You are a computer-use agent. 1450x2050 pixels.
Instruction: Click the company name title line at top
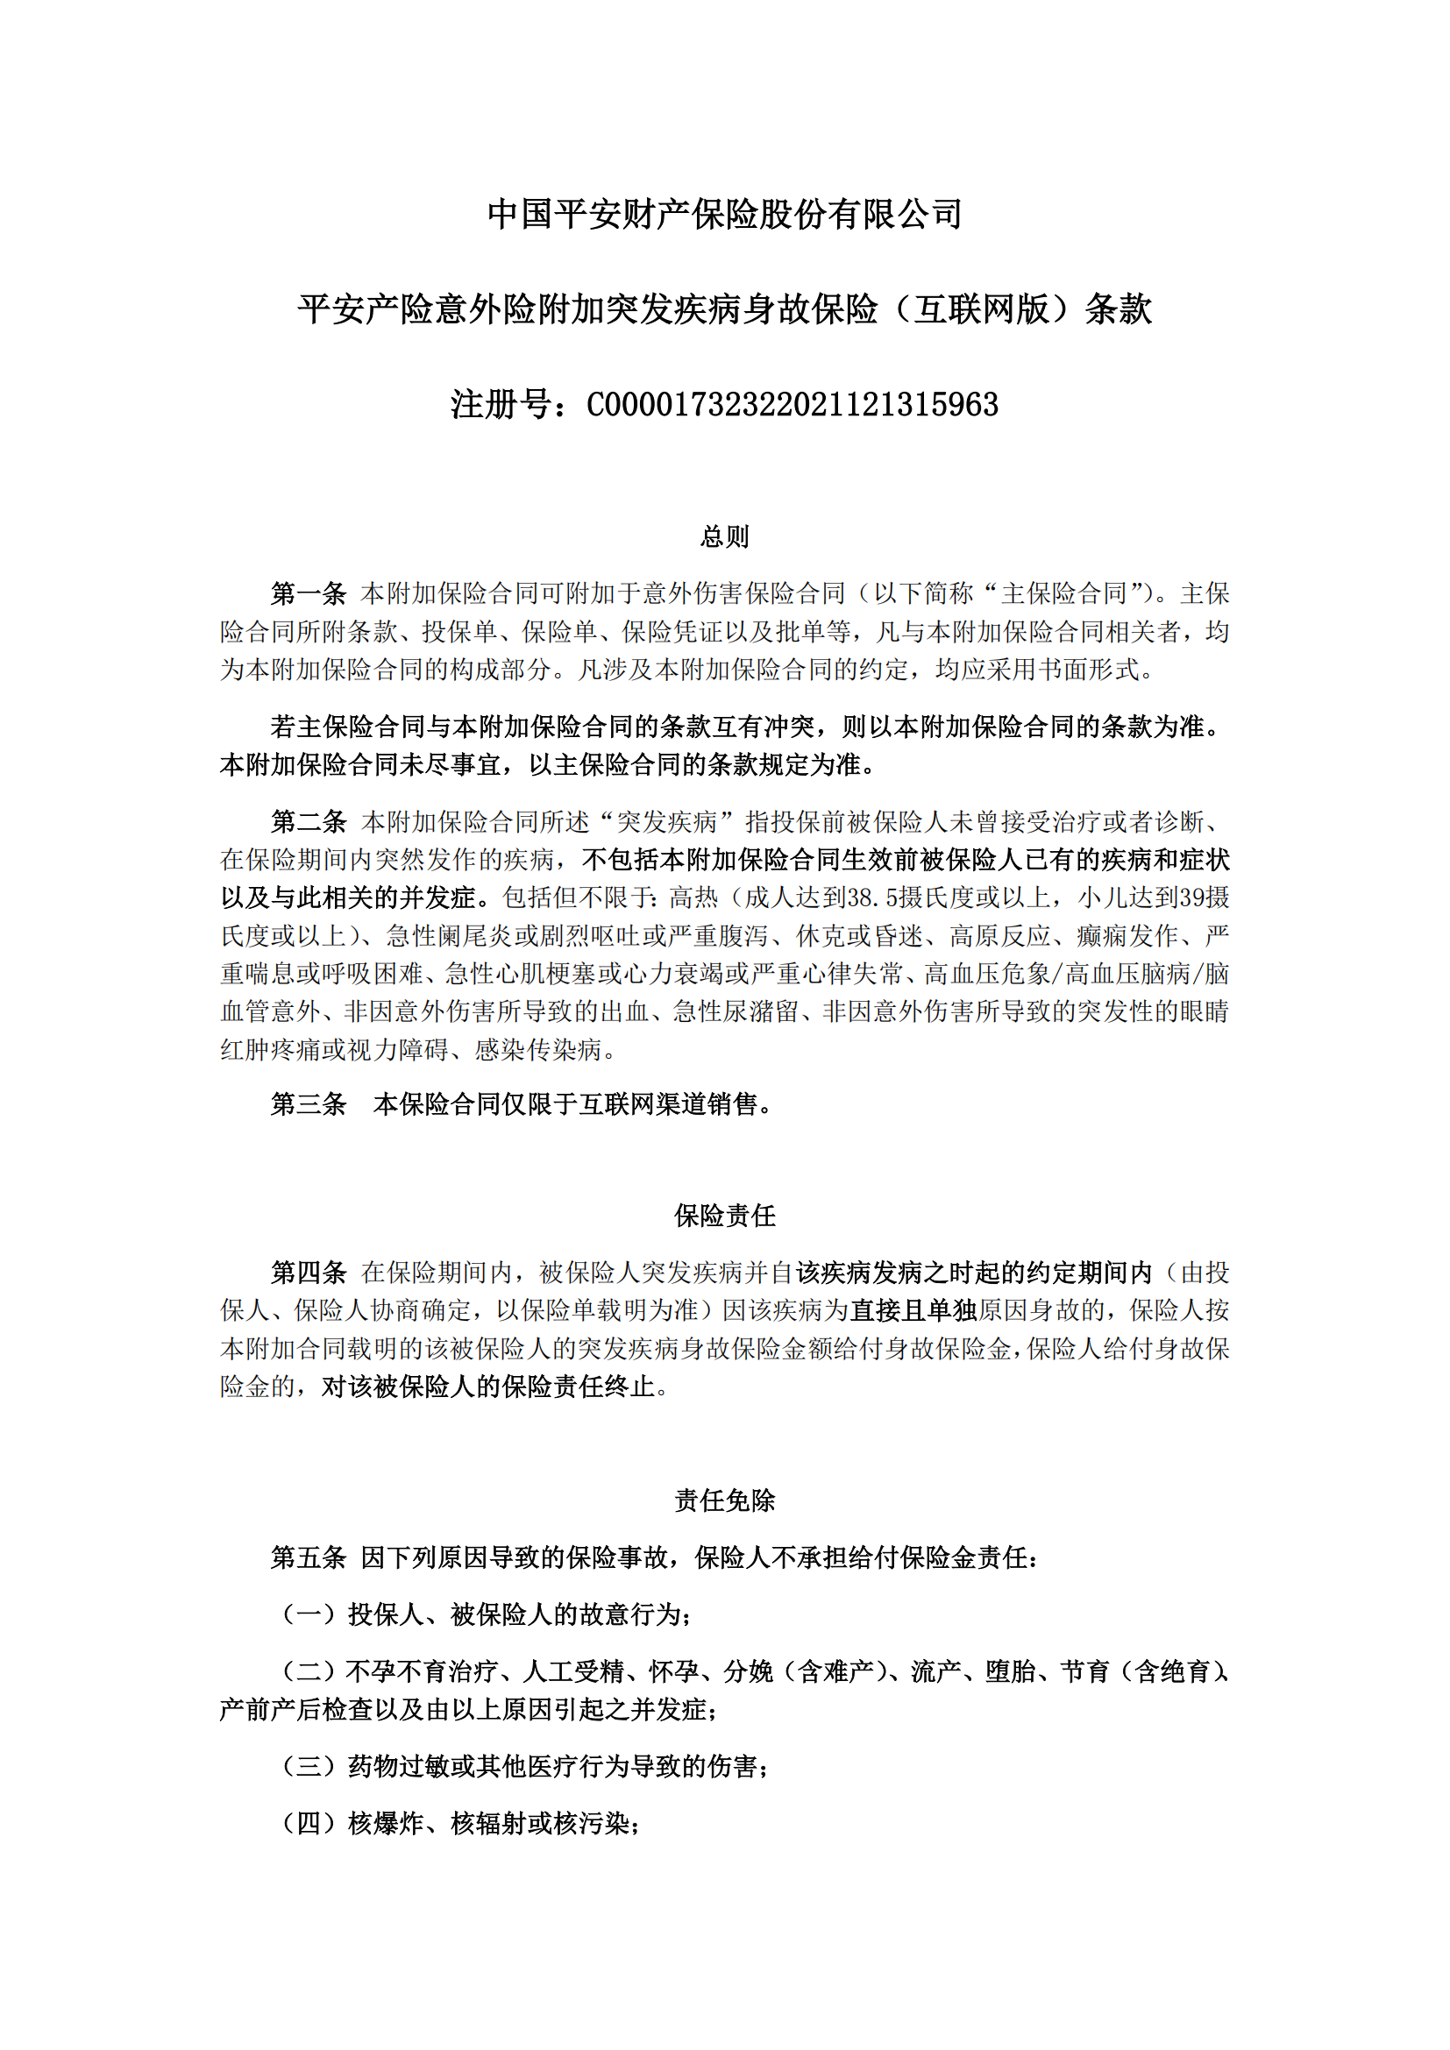pyautogui.click(x=724, y=214)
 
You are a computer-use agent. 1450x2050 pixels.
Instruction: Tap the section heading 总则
pyautogui.click(x=724, y=536)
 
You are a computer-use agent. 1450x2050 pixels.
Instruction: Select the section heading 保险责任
pyautogui.click(x=724, y=1215)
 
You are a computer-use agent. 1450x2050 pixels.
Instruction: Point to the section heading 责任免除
pyautogui.click(x=724, y=1500)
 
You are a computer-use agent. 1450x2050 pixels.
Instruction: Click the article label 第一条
pyautogui.click(x=308, y=592)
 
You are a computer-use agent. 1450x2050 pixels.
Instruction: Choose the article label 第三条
pyautogui.click(x=308, y=1104)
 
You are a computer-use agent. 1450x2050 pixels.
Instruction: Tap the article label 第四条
pyautogui.click(x=308, y=1272)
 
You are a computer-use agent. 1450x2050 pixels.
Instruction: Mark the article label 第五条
pyautogui.click(x=308, y=1557)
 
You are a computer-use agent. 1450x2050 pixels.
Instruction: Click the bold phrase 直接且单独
pyautogui.click(x=913, y=1309)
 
